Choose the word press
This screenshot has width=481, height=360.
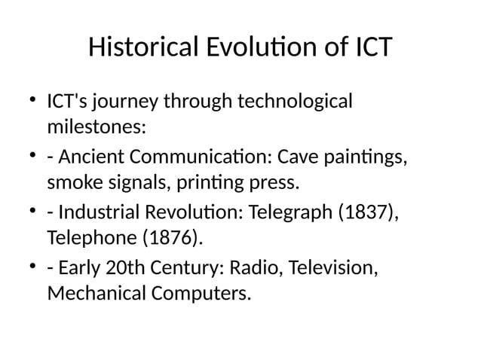(x=274, y=183)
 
